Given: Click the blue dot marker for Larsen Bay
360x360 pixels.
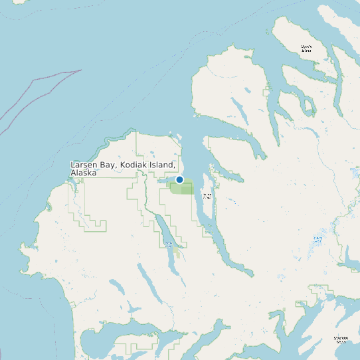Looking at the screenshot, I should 179,179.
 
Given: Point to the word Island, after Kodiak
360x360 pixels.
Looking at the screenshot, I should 164,165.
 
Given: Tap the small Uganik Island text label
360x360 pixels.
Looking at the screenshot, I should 306,48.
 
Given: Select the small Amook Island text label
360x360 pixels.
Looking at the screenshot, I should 207,196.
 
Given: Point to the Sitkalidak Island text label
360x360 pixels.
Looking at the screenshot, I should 341,339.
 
